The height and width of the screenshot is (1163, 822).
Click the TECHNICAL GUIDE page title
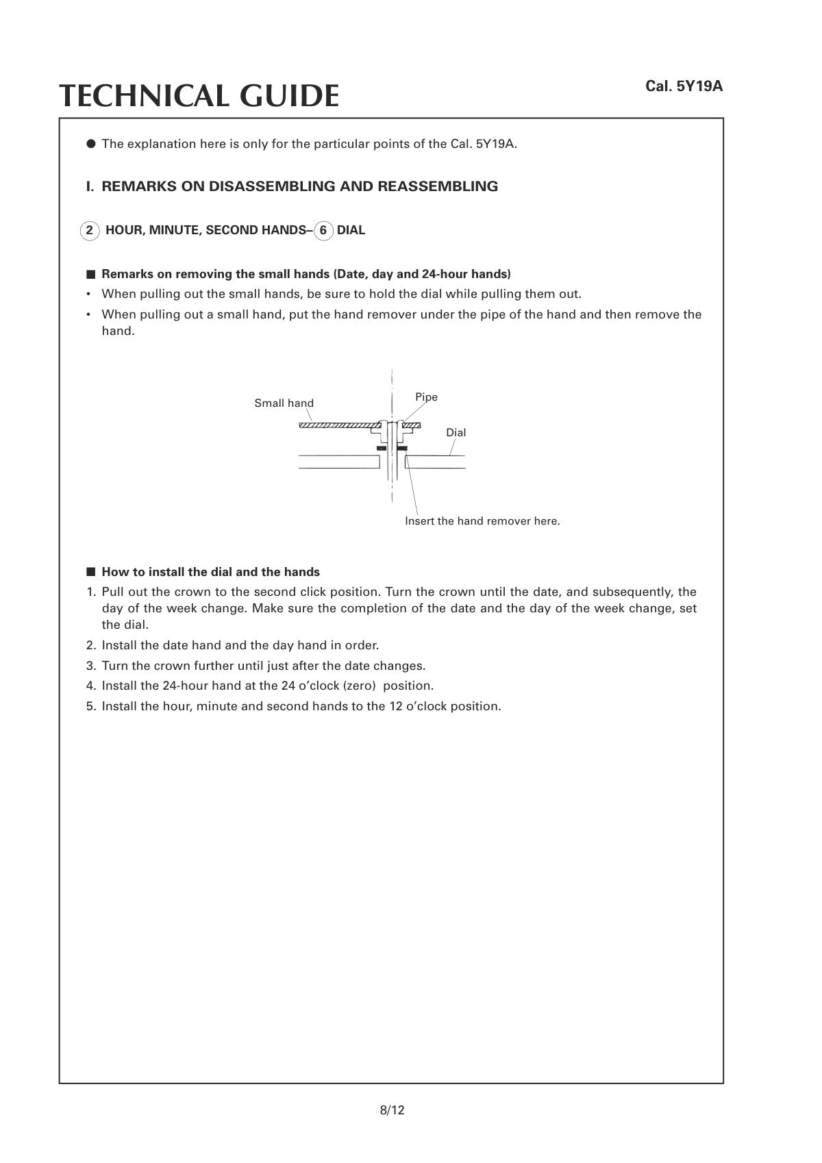coord(199,96)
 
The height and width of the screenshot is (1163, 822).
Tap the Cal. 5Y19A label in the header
coord(684,86)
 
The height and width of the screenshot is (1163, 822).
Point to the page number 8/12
coord(392,1110)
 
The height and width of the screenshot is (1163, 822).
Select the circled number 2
coord(89,231)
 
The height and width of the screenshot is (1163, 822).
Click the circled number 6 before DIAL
coord(323,231)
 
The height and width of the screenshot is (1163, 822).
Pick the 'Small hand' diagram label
coord(284,403)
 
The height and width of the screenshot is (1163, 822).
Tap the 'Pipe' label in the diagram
coord(426,397)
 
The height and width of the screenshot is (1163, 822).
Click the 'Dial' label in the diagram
coord(456,433)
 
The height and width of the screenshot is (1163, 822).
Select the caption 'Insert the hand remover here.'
coord(482,521)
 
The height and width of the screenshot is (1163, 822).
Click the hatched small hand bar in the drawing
coord(336,426)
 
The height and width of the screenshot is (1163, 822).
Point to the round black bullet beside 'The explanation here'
coord(90,144)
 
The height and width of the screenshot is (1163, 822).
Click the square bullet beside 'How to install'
coord(90,572)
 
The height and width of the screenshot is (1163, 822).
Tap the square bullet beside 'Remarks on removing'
coord(90,275)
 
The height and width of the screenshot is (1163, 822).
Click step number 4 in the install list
coord(90,686)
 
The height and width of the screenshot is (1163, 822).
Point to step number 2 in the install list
coord(90,646)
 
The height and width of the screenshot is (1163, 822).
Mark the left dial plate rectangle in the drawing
coord(339,462)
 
